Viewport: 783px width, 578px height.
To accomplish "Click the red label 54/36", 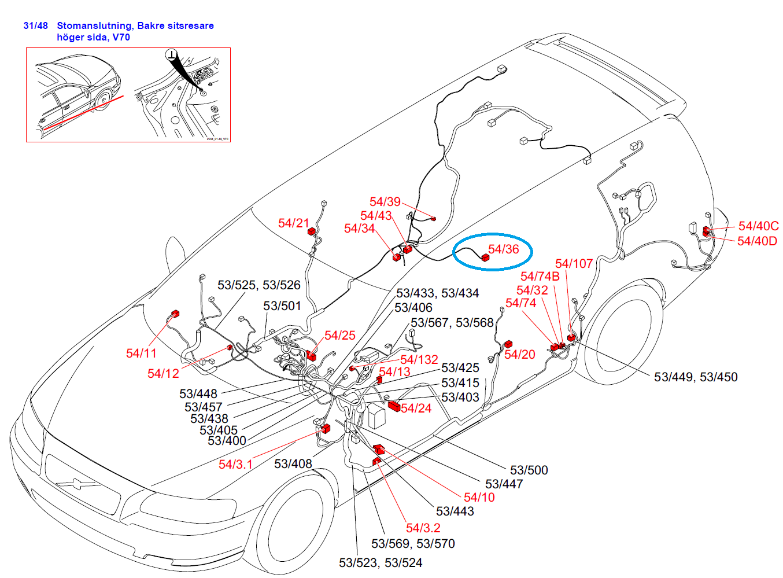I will point(503,249).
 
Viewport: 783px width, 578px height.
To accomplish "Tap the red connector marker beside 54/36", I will point(485,257).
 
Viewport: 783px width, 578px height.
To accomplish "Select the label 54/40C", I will point(758,226).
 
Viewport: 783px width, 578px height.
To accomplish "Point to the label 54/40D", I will point(757,241).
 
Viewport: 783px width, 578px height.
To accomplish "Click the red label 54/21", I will point(293,223).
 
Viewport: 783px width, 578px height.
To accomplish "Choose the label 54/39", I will point(385,202).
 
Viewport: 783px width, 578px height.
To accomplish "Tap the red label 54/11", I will point(141,353).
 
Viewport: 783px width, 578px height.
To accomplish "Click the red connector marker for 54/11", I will point(175,314).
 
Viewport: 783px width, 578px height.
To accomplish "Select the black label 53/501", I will point(282,306).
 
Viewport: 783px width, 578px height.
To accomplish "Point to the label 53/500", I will point(529,470).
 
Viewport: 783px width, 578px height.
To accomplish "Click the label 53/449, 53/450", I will point(696,377).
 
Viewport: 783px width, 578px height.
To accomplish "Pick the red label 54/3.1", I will point(235,464).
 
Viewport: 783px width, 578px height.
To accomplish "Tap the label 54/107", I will point(574,264).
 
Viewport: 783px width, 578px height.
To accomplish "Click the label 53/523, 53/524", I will point(381,563).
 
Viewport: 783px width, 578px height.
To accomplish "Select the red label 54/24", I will point(416,408).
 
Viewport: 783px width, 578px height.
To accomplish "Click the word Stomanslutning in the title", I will point(94,25).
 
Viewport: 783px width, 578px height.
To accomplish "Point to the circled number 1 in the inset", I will point(172,55).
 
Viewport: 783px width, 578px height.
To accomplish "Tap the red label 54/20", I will point(519,355).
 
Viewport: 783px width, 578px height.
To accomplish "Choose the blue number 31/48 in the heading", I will point(35,25).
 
